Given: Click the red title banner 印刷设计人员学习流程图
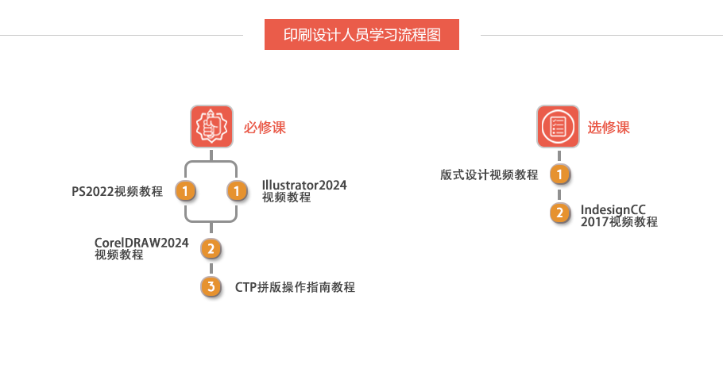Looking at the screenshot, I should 361,35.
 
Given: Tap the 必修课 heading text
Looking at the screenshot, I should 265,127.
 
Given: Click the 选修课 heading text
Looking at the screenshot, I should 609,127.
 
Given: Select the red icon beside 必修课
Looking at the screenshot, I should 211,126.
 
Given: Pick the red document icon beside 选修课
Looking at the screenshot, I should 558,126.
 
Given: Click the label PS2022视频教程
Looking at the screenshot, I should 117,191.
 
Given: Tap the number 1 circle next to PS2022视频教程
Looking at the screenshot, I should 185,191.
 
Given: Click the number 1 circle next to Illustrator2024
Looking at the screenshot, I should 237,191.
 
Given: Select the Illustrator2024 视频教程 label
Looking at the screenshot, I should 304,191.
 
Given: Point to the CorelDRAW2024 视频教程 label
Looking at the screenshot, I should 141,248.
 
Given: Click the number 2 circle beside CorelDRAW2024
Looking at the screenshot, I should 211,249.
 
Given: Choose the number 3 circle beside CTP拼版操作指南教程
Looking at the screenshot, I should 211,286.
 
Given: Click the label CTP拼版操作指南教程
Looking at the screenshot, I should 295,287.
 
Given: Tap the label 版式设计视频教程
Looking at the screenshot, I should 489,174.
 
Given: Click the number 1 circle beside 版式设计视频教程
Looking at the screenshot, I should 560,174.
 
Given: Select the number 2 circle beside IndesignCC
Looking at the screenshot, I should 560,213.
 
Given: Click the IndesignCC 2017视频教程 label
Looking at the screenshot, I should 619,216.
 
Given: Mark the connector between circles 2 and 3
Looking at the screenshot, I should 211,268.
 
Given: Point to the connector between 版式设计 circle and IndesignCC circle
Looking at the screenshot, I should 560,194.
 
